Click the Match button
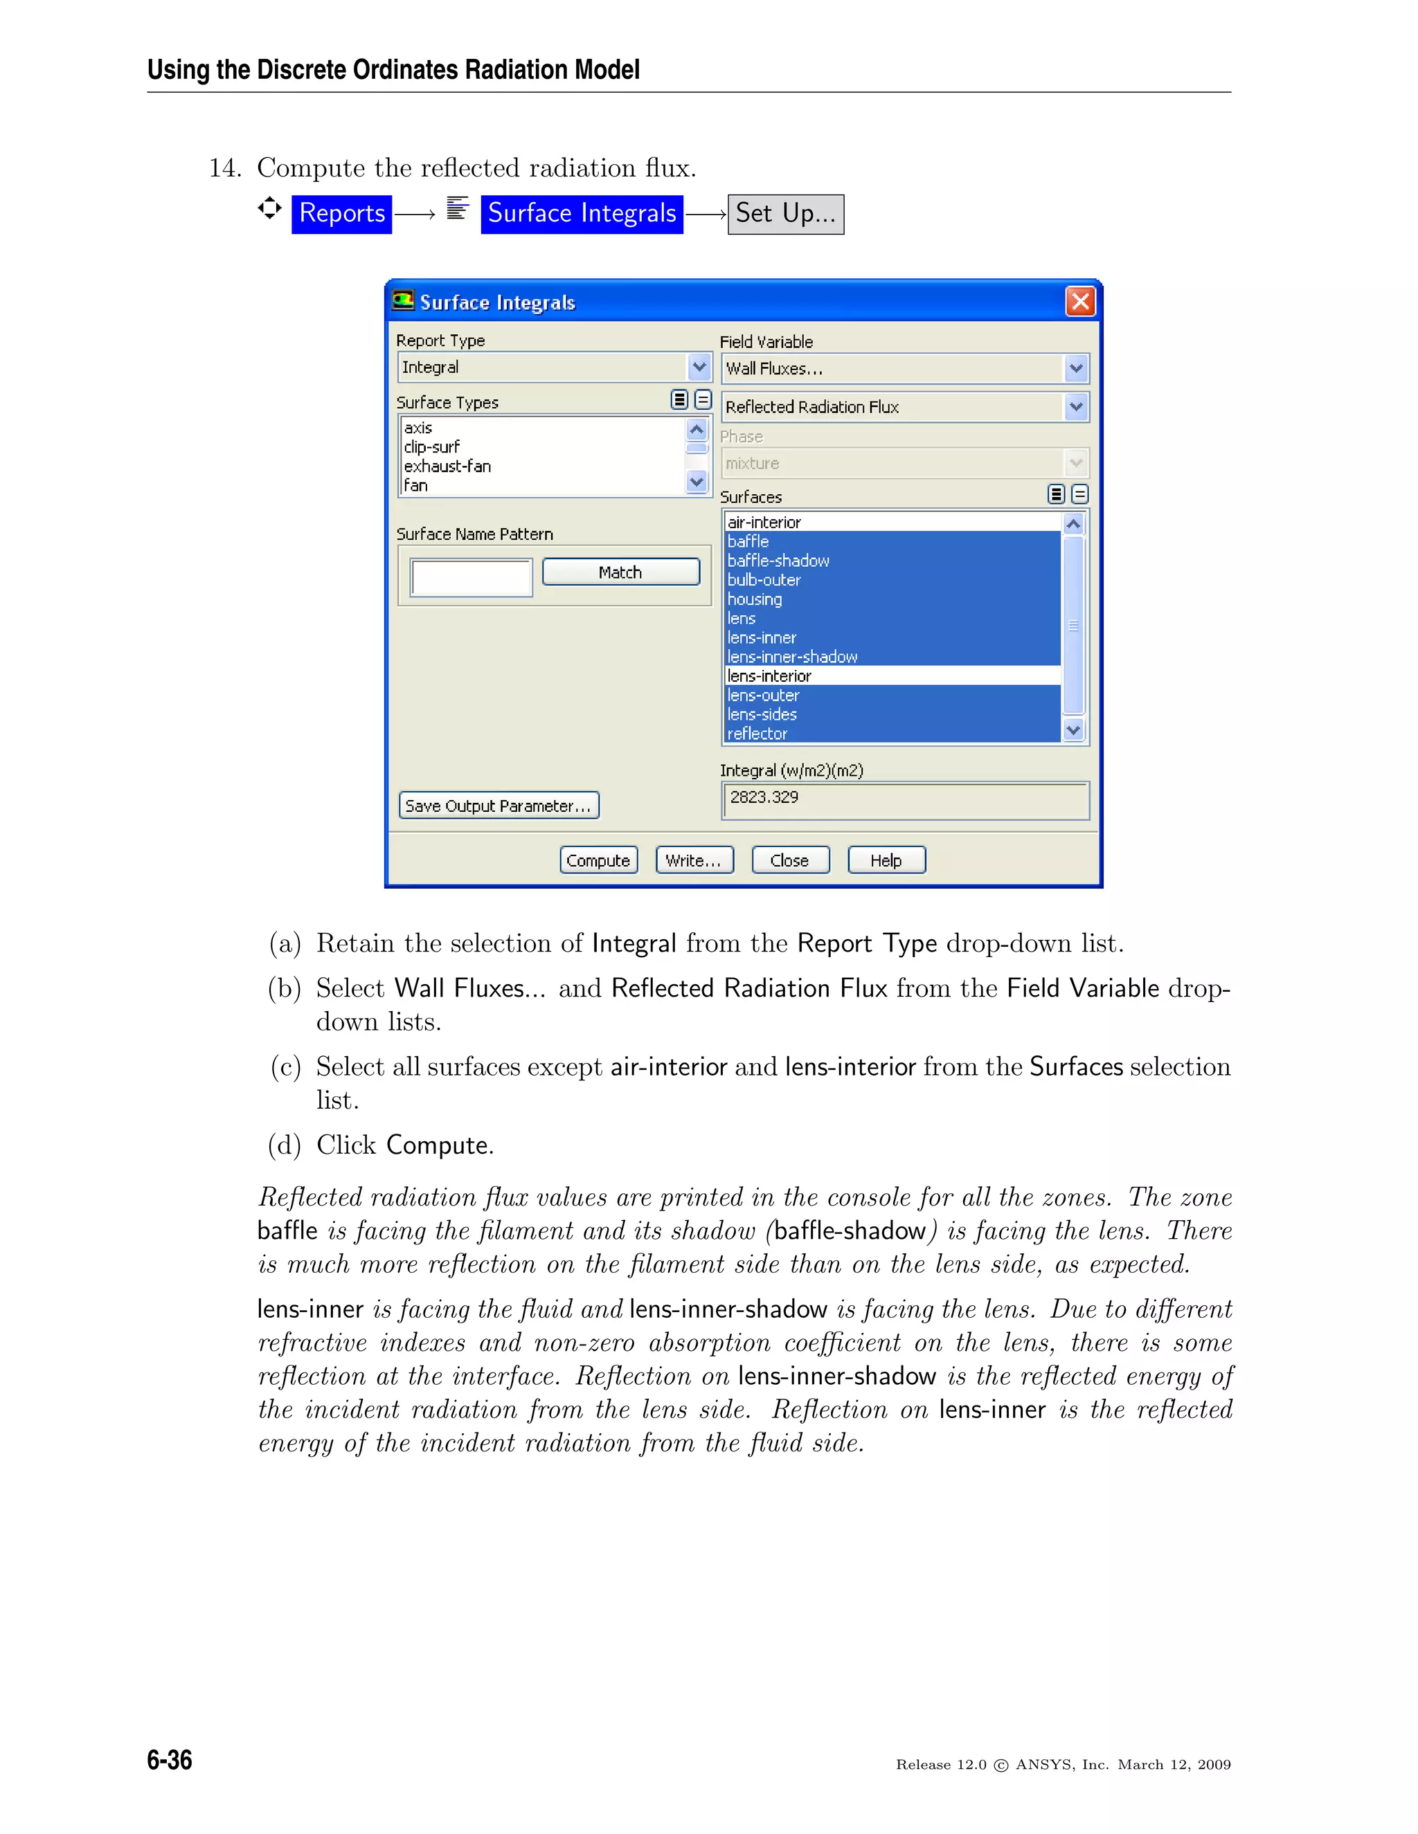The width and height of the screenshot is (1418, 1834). [621, 572]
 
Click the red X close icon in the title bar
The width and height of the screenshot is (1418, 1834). [1080, 302]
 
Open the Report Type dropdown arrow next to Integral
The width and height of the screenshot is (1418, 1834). [699, 367]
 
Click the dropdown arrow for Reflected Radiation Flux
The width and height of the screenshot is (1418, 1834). [1076, 406]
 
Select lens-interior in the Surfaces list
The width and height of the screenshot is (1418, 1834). [769, 676]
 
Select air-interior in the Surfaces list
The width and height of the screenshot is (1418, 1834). [764, 523]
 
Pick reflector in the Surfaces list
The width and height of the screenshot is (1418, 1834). [757, 733]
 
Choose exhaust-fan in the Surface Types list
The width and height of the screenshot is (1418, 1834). [448, 466]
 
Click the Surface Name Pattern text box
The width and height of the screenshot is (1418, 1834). [472, 578]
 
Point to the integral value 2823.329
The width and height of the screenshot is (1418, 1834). [764, 797]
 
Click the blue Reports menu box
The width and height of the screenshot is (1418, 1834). [342, 213]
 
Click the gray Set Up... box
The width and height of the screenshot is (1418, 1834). [785, 214]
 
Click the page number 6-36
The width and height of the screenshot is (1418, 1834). [170, 1759]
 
